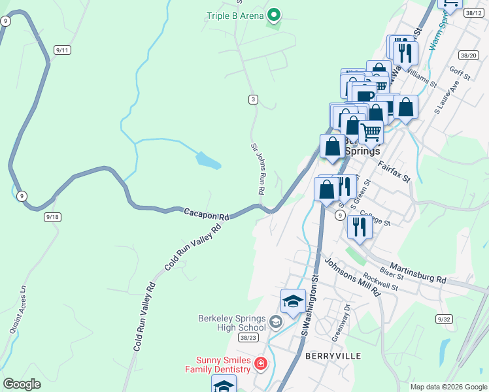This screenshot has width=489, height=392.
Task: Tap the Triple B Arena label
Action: pyautogui.click(x=235, y=16)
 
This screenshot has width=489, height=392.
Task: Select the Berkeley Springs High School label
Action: pyautogui.click(x=232, y=323)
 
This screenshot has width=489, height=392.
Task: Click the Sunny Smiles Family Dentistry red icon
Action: pyautogui.click(x=261, y=363)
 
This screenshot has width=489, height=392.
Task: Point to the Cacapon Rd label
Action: pyautogui.click(x=207, y=214)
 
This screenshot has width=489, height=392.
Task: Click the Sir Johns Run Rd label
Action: pyautogui.click(x=258, y=168)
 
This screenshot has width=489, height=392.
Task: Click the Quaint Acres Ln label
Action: pyautogui.click(x=18, y=310)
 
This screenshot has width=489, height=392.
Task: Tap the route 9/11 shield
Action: pyautogui.click(x=63, y=50)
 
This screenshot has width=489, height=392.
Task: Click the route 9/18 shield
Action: pyautogui.click(x=52, y=216)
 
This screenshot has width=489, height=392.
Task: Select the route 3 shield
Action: pyautogui.click(x=253, y=99)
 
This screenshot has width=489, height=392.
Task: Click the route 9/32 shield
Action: pyautogui.click(x=445, y=319)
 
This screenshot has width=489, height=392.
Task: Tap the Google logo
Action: pyautogui.click(x=22, y=384)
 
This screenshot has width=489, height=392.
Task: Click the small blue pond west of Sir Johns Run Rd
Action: pyautogui.click(x=207, y=160)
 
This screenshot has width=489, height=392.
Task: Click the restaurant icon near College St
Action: pyautogui.click(x=360, y=226)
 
